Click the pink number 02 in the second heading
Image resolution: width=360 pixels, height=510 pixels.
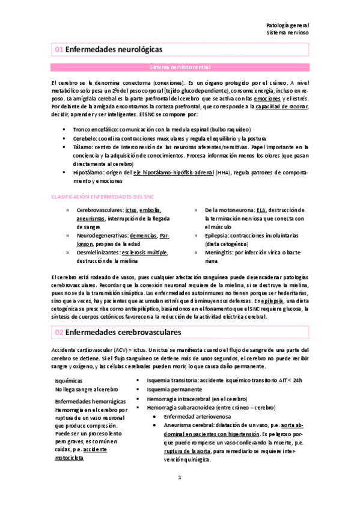point(58,331)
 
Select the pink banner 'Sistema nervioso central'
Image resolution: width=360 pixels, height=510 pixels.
point(180,67)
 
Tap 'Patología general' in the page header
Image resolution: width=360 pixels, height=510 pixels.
point(287,26)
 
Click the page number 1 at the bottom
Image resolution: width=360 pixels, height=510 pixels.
point(179,494)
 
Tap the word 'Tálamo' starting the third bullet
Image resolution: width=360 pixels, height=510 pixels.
point(84,146)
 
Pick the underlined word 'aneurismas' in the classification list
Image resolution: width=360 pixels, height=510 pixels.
point(91,219)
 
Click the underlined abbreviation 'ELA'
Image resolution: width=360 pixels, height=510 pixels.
point(261,210)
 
